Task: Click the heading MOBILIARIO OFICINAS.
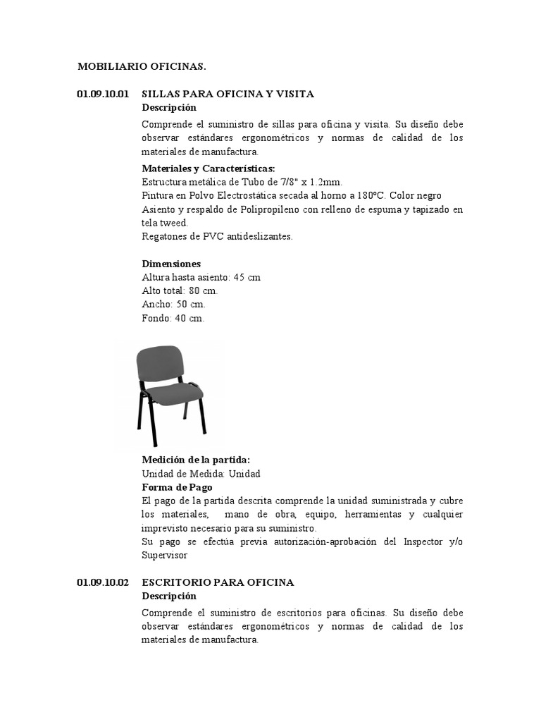point(142,67)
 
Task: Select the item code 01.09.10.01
point(103,94)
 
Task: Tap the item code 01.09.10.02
point(103,582)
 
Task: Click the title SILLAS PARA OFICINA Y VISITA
point(228,94)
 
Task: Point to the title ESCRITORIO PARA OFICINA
point(218,582)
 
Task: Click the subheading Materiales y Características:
point(208,169)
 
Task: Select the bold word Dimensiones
point(171,264)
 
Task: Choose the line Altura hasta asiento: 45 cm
point(201,277)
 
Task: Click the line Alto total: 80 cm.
point(180,290)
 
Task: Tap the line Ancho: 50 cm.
point(173,304)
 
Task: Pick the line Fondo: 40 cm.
point(173,318)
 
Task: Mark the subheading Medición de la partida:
point(196,460)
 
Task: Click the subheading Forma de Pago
point(177,487)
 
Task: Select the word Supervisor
point(165,555)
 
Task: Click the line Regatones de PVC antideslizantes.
point(217,236)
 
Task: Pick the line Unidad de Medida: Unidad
point(201,474)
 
